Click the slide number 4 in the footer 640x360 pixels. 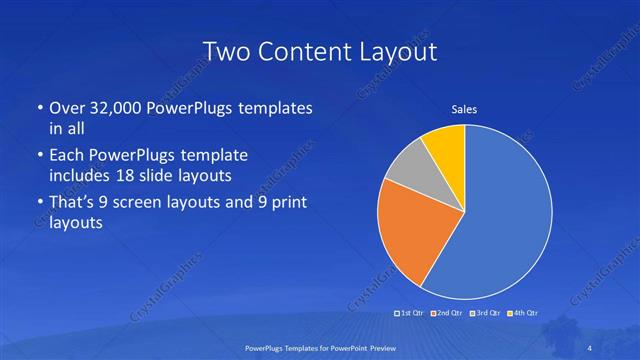click(x=590, y=348)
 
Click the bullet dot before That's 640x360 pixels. click(x=38, y=204)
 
